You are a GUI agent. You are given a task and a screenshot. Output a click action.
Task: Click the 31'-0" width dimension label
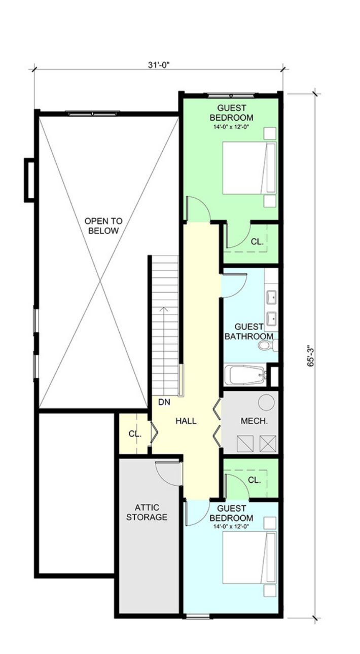click(159, 65)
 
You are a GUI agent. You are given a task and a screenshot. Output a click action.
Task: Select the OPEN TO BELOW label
click(103, 226)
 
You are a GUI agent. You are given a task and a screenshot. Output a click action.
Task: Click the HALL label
click(186, 421)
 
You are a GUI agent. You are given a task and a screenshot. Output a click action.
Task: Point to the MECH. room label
click(254, 421)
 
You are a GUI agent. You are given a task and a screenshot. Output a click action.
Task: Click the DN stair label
click(164, 402)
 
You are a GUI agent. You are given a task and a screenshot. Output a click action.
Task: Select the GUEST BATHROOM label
click(249, 332)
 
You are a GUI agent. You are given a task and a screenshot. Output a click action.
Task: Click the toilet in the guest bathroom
click(268, 345)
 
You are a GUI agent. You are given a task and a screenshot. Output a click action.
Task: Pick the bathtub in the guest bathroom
click(245, 375)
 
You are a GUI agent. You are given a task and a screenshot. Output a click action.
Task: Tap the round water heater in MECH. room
click(266, 402)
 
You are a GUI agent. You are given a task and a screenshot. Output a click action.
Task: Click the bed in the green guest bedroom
click(249, 168)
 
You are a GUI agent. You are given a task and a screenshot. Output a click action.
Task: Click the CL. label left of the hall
click(135, 434)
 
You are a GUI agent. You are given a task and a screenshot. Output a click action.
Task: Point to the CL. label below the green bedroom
click(257, 241)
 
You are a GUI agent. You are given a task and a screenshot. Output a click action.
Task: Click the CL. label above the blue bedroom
click(254, 480)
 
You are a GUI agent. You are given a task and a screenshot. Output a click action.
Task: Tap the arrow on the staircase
click(164, 350)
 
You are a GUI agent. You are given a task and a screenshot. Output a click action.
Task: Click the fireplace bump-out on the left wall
click(29, 180)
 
